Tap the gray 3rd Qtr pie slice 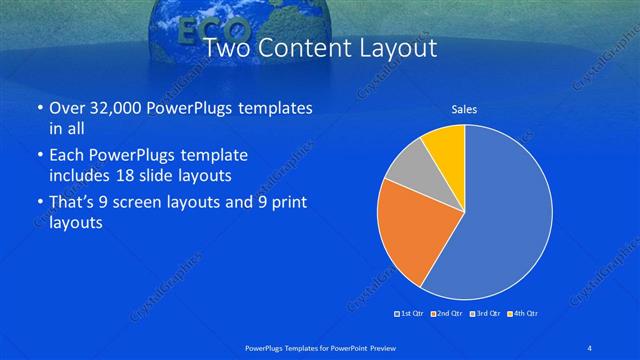pyautogui.click(x=405, y=171)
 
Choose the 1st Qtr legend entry pyautogui.click(x=409, y=314)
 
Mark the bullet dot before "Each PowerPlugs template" pyautogui.click(x=39, y=156)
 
